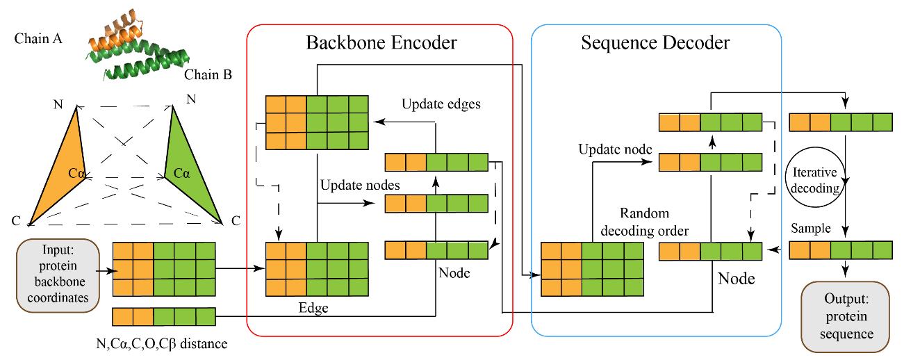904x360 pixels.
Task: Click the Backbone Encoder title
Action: (x=381, y=43)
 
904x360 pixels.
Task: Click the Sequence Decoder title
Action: (x=655, y=43)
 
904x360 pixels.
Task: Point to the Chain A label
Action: (x=38, y=39)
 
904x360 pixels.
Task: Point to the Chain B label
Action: (x=207, y=74)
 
